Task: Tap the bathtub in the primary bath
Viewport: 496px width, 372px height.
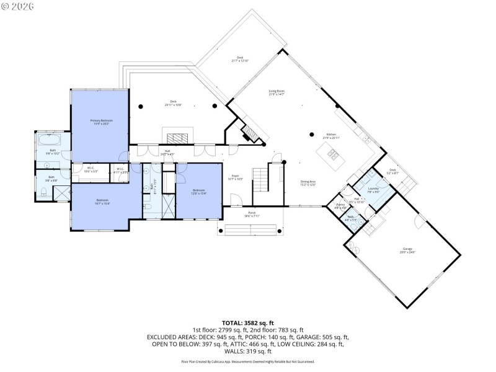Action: tap(50, 142)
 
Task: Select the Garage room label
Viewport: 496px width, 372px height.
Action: tap(407, 250)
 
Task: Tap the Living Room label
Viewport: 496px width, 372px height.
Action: tap(277, 92)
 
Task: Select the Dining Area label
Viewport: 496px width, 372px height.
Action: tap(308, 183)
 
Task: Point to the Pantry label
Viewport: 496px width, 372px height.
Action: tap(340, 206)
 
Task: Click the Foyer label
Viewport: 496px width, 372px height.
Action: tap(236, 177)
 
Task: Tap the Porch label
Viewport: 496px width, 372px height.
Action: tap(252, 214)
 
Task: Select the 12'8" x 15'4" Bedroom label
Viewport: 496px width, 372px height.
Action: tap(198, 192)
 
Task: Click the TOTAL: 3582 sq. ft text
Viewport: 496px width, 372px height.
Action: tap(247, 322)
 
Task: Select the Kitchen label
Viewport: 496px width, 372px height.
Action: tap(331, 135)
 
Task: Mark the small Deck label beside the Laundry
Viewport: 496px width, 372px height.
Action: tap(392, 171)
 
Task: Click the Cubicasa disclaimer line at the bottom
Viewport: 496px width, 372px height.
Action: tap(247, 360)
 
